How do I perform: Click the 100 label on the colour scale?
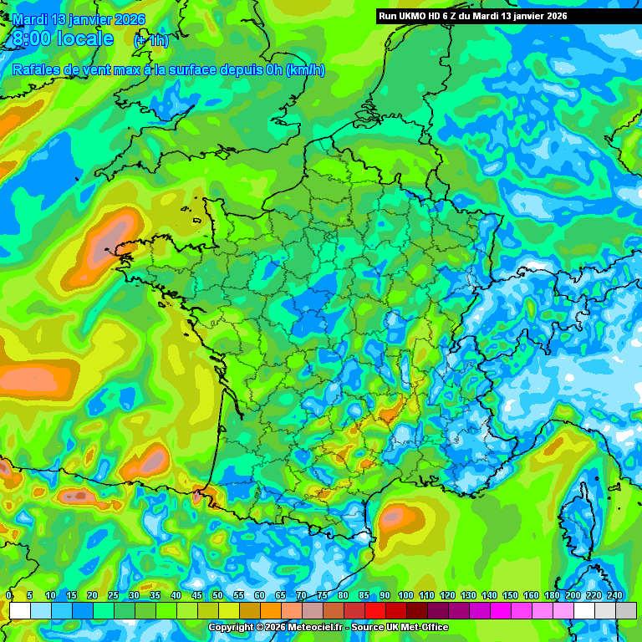click(405, 594)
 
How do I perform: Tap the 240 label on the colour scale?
click(615, 594)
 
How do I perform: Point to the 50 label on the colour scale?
click(217, 594)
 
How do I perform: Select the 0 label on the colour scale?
click(9, 594)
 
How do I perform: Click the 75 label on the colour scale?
click(322, 594)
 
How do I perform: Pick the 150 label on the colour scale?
click(510, 594)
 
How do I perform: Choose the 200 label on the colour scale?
click(573, 594)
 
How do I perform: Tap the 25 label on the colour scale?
click(113, 594)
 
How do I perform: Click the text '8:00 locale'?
click(63, 39)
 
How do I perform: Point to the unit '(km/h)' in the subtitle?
click(305, 70)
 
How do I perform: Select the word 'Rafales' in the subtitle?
click(37, 70)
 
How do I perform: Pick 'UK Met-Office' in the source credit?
click(418, 627)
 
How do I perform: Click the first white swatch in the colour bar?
click(20, 611)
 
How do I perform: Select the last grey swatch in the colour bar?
click(625, 611)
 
